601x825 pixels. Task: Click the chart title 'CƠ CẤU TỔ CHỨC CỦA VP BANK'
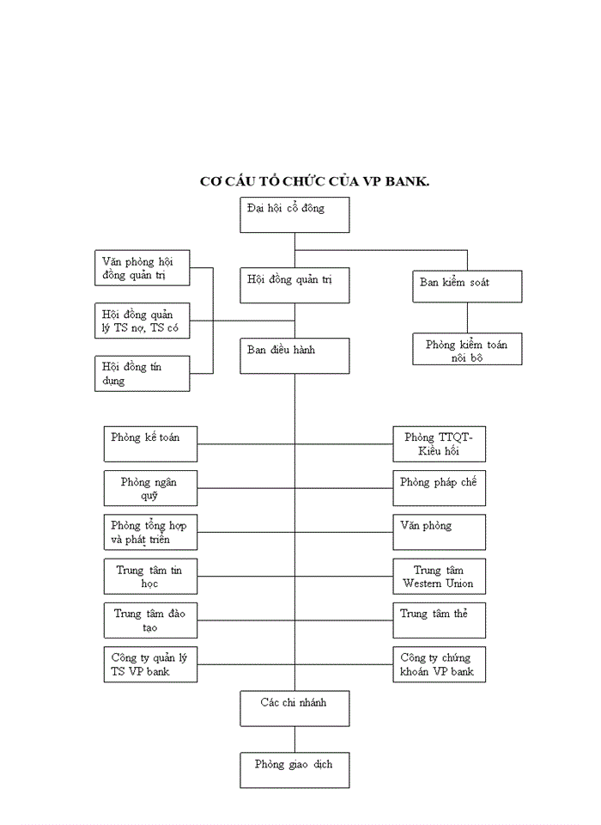pyautogui.click(x=314, y=181)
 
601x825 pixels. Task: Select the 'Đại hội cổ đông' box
pyautogui.click(x=294, y=215)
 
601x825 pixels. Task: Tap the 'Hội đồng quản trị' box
pyautogui.click(x=294, y=285)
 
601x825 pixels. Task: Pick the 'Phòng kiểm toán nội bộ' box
pyautogui.click(x=467, y=350)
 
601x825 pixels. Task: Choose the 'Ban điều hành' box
pyautogui.click(x=294, y=356)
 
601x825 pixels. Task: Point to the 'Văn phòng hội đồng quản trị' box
pyautogui.click(x=142, y=268)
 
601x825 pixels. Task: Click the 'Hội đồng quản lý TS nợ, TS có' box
pyautogui.click(x=142, y=321)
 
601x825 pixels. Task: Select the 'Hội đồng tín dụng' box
pyautogui.click(x=142, y=374)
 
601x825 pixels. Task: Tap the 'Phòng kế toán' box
pyautogui.click(x=150, y=443)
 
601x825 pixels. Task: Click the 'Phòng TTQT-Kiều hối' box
pyautogui.click(x=439, y=443)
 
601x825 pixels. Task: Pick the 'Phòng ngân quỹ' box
pyautogui.click(x=150, y=488)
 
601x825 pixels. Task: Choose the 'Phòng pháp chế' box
pyautogui.click(x=439, y=488)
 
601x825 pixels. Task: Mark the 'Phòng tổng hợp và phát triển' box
pyautogui.click(x=150, y=532)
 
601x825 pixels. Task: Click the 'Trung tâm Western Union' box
pyautogui.click(x=439, y=577)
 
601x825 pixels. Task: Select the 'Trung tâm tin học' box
pyautogui.click(x=150, y=577)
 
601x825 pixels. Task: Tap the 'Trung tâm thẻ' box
pyautogui.click(x=439, y=620)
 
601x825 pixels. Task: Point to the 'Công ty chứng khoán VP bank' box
pyautogui.click(x=439, y=664)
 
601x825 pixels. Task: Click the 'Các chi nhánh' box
pyautogui.click(x=294, y=708)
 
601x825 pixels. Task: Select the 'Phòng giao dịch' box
pyautogui.click(x=294, y=770)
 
